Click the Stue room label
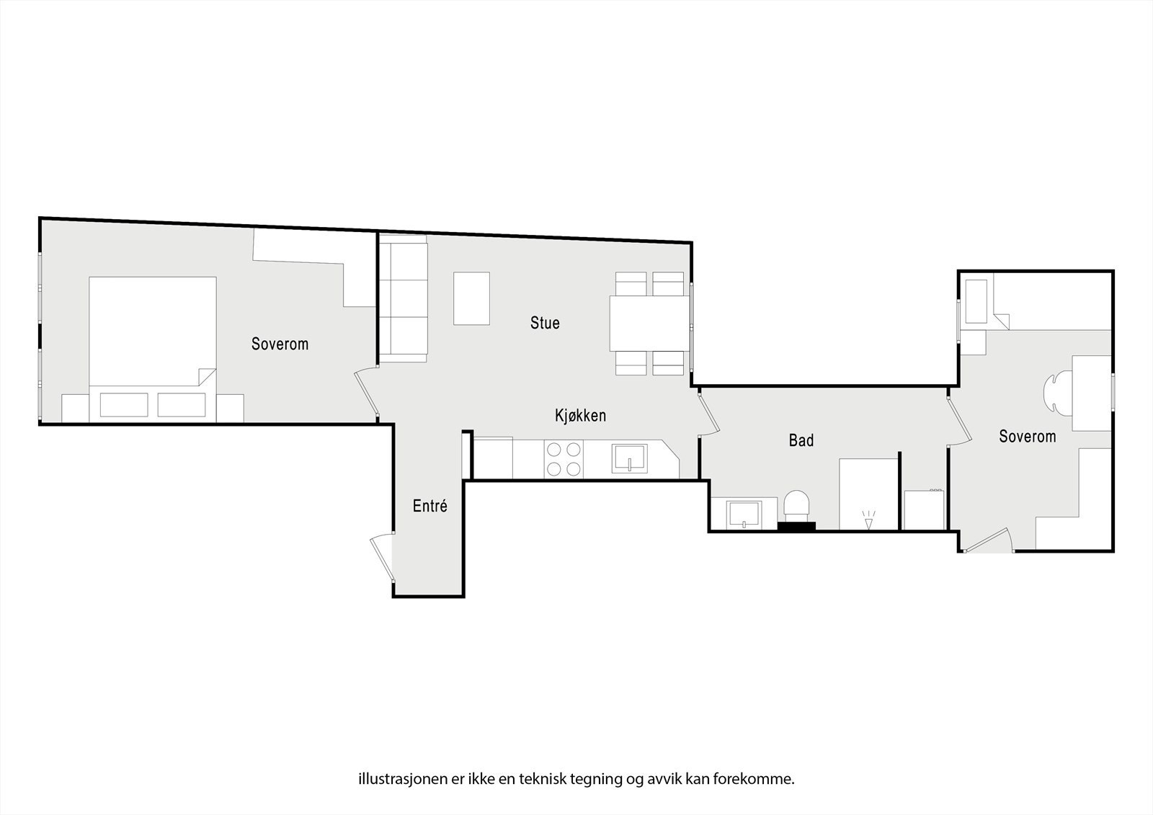(545, 323)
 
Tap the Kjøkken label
(580, 416)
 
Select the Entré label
(429, 506)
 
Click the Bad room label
(801, 440)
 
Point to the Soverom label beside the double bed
(280, 344)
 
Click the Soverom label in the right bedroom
(1027, 437)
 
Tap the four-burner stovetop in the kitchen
(564, 459)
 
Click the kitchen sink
(629, 458)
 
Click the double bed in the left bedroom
(152, 339)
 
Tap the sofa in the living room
(403, 298)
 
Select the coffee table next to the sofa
(471, 298)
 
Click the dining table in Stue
(649, 324)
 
